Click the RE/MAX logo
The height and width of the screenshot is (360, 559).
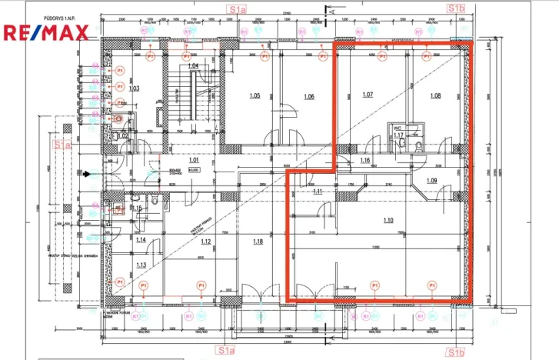pos(46,32)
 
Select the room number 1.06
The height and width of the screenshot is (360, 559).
pos(309,96)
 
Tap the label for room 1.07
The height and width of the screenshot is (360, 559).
pos(367,95)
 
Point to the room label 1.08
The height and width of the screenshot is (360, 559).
pos(435,95)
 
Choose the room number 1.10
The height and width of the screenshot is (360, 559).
pos(388,220)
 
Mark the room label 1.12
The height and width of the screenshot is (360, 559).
pos(205,242)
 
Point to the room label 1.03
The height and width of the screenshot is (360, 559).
pos(133,88)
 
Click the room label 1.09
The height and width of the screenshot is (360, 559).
pos(431,180)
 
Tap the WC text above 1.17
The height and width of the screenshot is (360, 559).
pos(398,128)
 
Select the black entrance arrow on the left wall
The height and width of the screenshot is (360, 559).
pos(87,175)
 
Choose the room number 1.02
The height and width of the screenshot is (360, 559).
pos(121,136)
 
